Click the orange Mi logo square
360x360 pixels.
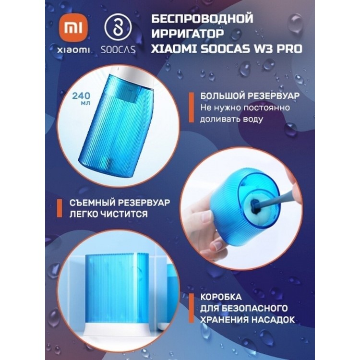pos(73,28)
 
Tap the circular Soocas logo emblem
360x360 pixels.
pos(118,28)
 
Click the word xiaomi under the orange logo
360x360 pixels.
pos(73,50)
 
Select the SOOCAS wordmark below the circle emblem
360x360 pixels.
pos(118,49)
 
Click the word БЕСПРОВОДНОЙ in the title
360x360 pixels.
pos(202,19)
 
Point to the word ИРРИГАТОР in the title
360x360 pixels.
pos(187,34)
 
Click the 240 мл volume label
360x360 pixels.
pos(82,98)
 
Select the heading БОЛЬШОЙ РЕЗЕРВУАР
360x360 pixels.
pos(250,96)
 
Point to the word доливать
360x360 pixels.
pos(219,120)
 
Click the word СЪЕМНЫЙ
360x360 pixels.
pos(92,203)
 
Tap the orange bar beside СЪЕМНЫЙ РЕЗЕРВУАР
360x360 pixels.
pos(60,208)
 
